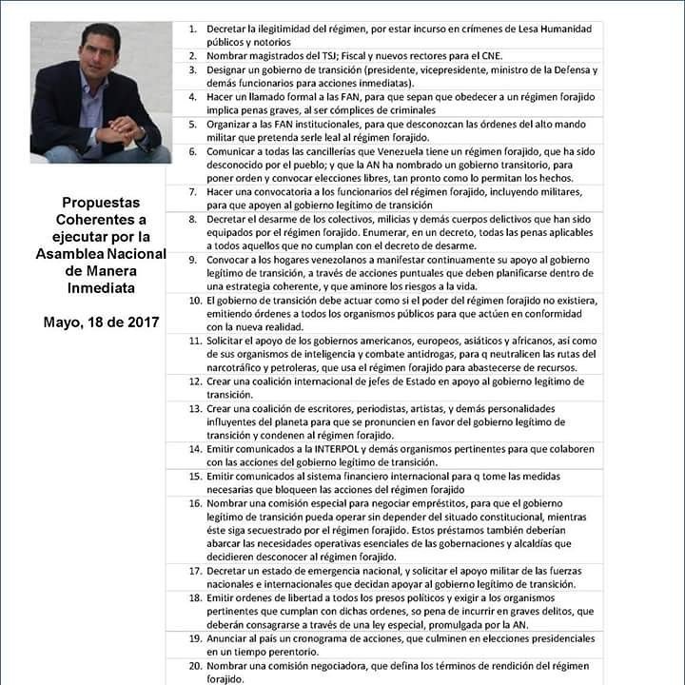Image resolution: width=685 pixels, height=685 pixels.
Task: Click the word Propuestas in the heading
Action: pyautogui.click(x=101, y=203)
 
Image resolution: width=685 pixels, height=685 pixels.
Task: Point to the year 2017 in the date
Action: pyautogui.click(x=141, y=322)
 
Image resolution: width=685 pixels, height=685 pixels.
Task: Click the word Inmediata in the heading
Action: pyautogui.click(x=101, y=286)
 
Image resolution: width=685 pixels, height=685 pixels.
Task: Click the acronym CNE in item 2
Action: pyautogui.click(x=498, y=55)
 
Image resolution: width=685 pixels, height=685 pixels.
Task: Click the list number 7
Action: pyautogui.click(x=192, y=191)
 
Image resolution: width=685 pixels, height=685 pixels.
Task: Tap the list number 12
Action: pyautogui.click(x=194, y=381)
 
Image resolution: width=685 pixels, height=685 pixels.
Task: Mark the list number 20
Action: pyautogui.click(x=194, y=666)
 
